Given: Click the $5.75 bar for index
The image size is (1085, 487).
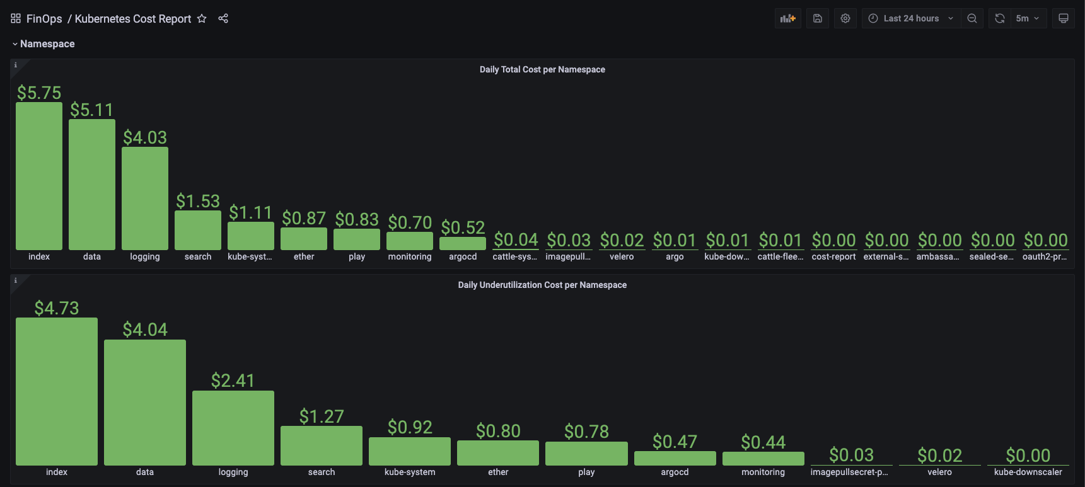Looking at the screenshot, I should click(39, 176).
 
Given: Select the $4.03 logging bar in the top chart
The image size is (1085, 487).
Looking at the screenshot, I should click(145, 198).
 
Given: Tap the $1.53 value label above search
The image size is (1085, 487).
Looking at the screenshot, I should click(198, 201).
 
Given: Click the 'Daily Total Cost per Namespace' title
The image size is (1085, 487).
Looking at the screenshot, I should click(542, 69).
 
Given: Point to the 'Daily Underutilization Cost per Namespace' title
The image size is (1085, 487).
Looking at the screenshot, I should click(542, 285).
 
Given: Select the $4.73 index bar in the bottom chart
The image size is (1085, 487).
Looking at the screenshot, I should click(57, 391).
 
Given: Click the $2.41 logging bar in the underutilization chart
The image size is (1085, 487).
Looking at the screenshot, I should click(233, 428).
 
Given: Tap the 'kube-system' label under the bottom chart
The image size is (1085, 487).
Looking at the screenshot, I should click(410, 472).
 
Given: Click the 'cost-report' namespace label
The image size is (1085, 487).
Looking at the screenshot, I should click(833, 256).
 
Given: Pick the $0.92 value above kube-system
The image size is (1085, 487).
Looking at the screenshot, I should click(410, 427).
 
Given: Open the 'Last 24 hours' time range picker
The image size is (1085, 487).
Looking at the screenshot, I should click(911, 18).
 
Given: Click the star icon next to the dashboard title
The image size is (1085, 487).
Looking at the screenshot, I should click(202, 18).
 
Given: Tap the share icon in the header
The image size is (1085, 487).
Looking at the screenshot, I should click(223, 18).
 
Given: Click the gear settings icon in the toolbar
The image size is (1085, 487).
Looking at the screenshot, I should click(845, 18).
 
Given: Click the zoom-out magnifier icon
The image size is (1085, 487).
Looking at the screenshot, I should click(972, 18).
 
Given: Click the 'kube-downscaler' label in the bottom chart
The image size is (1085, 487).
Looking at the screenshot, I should click(1028, 472).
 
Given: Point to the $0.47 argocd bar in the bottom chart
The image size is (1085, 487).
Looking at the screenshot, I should click(675, 458).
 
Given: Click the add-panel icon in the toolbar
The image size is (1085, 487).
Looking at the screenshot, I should click(787, 18).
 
